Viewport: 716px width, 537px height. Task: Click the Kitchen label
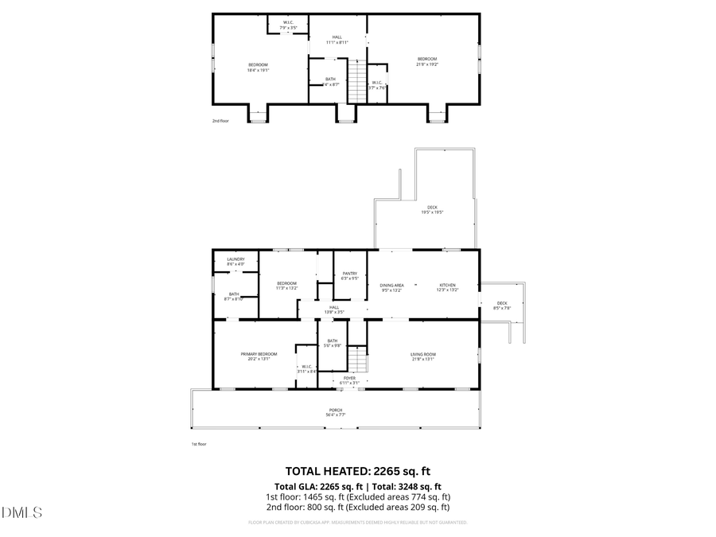click(448, 287)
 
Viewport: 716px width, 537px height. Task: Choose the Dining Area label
click(391, 287)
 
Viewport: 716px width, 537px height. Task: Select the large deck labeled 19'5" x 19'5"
click(432, 209)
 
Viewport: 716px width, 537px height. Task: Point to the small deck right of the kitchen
click(502, 305)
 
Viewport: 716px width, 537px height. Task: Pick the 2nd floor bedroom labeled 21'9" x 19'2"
click(427, 61)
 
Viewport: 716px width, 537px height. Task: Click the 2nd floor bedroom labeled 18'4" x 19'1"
click(258, 67)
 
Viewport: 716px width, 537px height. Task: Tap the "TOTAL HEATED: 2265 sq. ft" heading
click(357, 472)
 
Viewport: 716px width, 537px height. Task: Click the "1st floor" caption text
click(198, 444)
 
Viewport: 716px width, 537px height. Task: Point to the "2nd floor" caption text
click(220, 121)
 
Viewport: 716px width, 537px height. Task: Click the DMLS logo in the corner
click(22, 512)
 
